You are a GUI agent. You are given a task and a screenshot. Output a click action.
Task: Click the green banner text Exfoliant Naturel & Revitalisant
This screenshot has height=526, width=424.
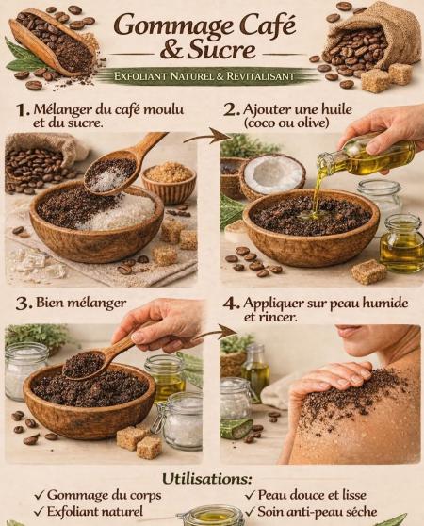point(204,76)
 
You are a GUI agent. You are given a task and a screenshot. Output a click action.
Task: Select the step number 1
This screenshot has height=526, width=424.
point(24,110)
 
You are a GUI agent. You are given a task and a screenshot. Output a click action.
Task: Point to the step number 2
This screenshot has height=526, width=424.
point(232,110)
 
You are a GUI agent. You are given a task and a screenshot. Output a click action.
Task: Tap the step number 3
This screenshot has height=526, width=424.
point(24,304)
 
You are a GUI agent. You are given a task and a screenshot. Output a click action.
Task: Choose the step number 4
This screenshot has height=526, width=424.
point(232,304)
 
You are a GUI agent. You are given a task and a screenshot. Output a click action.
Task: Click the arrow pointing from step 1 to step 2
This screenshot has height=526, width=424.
point(208,136)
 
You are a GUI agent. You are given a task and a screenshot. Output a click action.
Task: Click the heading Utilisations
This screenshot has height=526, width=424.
point(206,479)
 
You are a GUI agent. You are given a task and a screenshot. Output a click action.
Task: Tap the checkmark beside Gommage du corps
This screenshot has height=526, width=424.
point(40,495)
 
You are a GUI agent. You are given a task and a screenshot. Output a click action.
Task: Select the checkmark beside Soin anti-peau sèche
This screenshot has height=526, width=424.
point(251,512)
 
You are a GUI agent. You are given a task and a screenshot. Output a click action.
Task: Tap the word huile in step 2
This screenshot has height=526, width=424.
point(336,109)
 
